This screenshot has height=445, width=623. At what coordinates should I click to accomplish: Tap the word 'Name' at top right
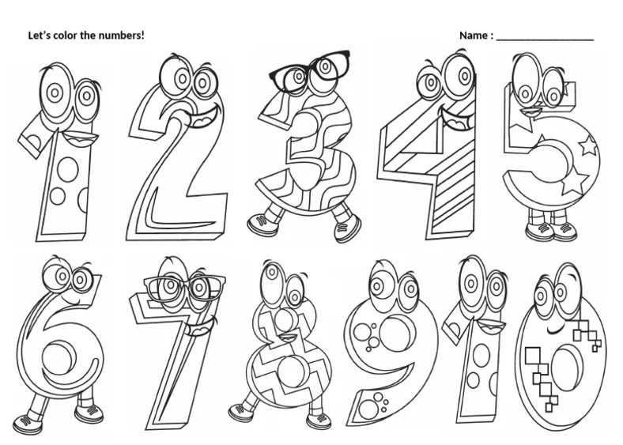[x=474, y=36]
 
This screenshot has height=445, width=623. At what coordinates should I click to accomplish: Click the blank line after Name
[x=546, y=40]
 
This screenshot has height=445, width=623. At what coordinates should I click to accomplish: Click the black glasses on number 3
[x=309, y=70]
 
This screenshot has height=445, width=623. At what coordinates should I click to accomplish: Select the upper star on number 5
[x=588, y=145]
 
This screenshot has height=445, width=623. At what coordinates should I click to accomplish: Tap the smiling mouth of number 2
[x=206, y=116]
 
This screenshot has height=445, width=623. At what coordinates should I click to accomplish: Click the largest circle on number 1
[x=68, y=169]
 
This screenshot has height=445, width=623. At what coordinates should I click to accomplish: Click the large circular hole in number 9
[x=398, y=334]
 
